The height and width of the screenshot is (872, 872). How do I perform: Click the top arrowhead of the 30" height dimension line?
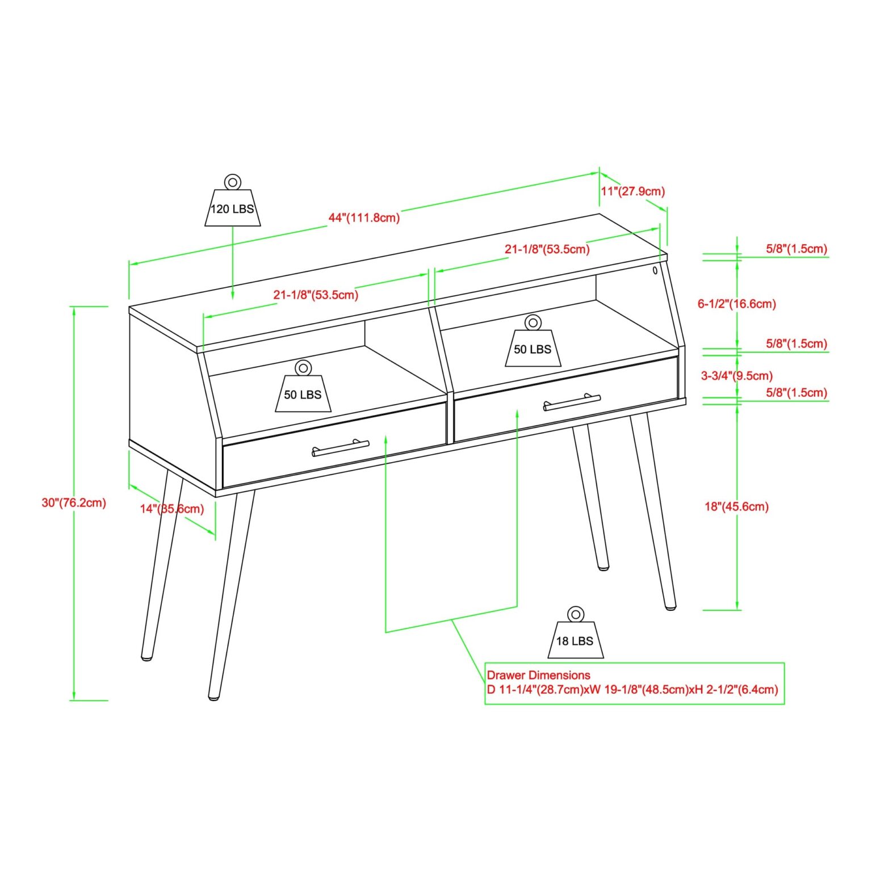pyautogui.click(x=73, y=307)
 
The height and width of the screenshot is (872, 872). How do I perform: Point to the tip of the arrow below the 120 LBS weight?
pyautogui.click(x=233, y=299)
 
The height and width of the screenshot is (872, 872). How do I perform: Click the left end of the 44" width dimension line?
pyautogui.click(x=129, y=263)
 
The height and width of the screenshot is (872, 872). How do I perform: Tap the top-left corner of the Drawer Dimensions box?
pyautogui.click(x=485, y=663)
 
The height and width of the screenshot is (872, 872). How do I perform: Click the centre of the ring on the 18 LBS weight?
pyautogui.click(x=575, y=614)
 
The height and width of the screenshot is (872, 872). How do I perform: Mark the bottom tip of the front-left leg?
pyautogui.click(x=214, y=698)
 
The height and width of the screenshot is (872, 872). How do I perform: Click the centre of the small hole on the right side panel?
pyautogui.click(x=655, y=270)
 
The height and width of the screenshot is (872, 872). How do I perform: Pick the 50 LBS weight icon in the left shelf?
pyautogui.click(x=303, y=386)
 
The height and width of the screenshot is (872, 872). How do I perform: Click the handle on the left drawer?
pyautogui.click(x=341, y=448)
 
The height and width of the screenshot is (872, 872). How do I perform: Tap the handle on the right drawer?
pyautogui.click(x=572, y=402)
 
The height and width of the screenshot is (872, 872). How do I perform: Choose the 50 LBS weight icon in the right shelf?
pyautogui.click(x=533, y=341)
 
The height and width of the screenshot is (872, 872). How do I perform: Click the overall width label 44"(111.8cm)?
pyautogui.click(x=364, y=218)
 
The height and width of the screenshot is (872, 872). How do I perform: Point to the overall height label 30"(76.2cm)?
pyautogui.click(x=74, y=502)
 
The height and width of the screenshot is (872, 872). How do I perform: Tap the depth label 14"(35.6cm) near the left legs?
pyautogui.click(x=172, y=509)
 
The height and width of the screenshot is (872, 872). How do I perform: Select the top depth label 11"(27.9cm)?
pyautogui.click(x=632, y=191)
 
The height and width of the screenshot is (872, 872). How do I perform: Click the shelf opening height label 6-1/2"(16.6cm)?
pyautogui.click(x=736, y=304)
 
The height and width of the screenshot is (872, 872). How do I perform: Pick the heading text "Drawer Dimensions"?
pyautogui.click(x=539, y=675)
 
